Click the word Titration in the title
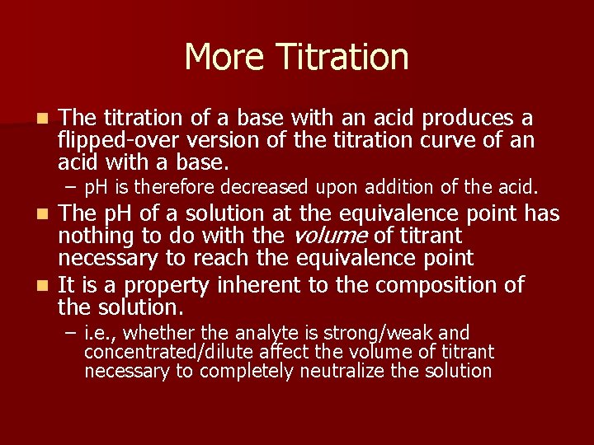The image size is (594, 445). [x=342, y=57]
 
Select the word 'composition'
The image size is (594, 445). [x=446, y=286]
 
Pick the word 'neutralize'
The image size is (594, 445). [x=342, y=371]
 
